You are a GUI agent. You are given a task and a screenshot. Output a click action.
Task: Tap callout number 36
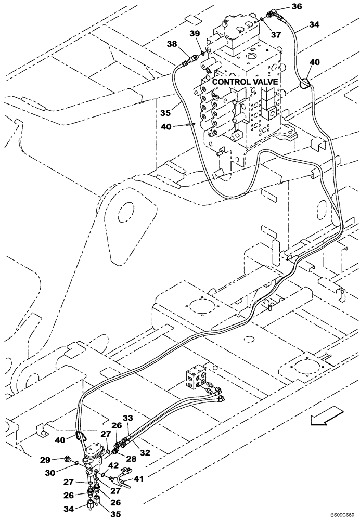tap(296, 7)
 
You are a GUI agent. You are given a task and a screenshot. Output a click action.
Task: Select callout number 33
tap(128, 418)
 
